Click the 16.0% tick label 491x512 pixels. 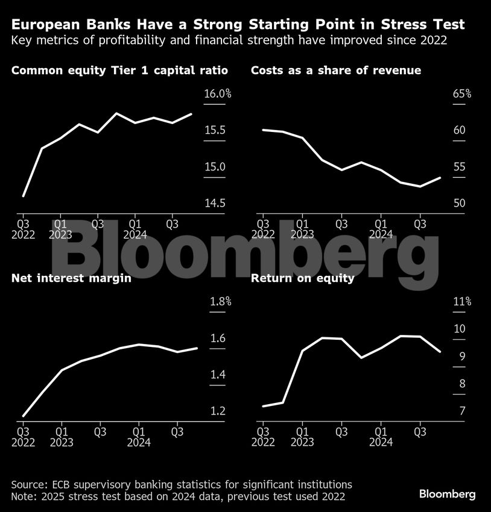[x=218, y=94]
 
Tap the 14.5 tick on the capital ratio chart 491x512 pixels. [x=215, y=203]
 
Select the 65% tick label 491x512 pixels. [x=461, y=94]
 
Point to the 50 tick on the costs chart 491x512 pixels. [x=459, y=203]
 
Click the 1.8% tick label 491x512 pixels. [x=220, y=302]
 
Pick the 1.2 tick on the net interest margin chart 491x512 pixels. [x=217, y=411]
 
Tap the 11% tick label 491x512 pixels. [x=462, y=302]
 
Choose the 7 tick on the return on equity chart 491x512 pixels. [x=462, y=411]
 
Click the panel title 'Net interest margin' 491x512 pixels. [x=71, y=278]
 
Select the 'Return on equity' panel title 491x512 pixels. [x=302, y=278]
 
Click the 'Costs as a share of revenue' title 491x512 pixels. [x=336, y=71]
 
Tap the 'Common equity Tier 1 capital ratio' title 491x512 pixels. [x=119, y=71]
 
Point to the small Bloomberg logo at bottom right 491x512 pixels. [x=448, y=494]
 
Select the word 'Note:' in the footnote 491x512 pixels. [x=25, y=496]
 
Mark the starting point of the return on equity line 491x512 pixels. [x=264, y=406]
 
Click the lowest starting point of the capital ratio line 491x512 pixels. [x=24, y=196]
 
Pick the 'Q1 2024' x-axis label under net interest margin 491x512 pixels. [x=138, y=437]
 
